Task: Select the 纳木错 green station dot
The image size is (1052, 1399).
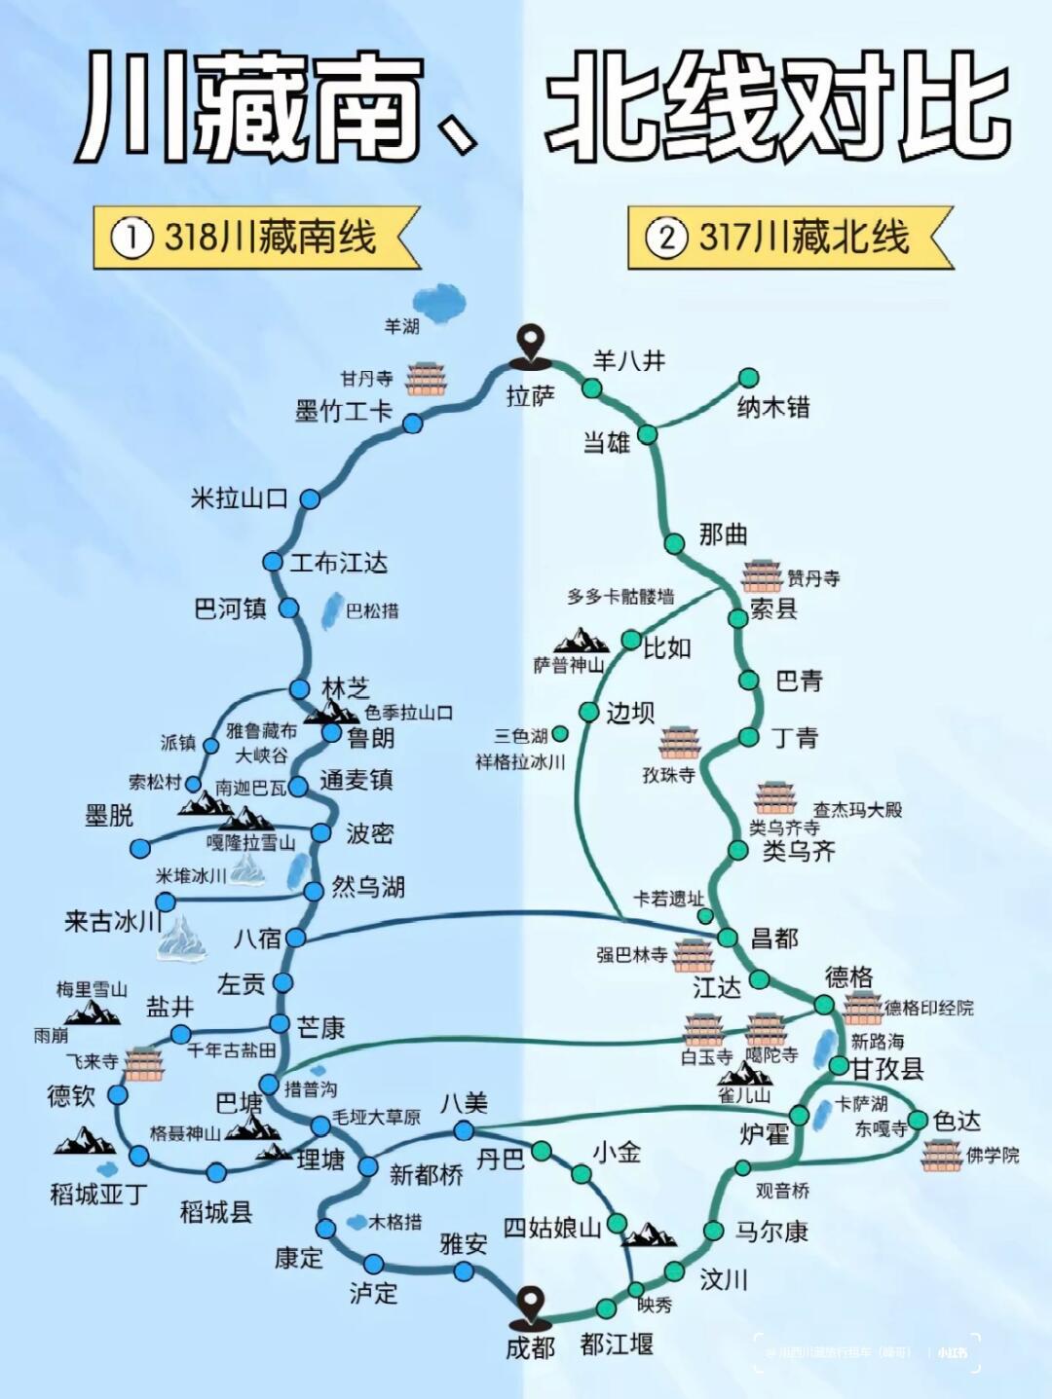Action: click(x=748, y=378)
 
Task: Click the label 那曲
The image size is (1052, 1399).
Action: click(x=723, y=534)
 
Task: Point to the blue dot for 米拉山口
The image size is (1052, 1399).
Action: click(x=310, y=498)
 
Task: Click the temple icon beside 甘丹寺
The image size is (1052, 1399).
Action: click(x=425, y=378)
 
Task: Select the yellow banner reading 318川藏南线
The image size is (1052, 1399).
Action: click(x=255, y=238)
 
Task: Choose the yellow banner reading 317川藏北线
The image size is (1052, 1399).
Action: click(x=789, y=238)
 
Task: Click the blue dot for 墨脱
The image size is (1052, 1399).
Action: click(x=140, y=847)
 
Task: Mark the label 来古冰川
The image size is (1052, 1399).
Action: click(x=112, y=920)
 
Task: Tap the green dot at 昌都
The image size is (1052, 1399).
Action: click(x=728, y=937)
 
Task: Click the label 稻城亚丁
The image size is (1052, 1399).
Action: click(x=97, y=1194)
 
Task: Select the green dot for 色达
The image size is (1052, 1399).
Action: click(x=918, y=1120)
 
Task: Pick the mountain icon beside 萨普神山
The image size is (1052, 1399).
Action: click(x=582, y=640)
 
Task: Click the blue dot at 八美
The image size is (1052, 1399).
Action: click(x=464, y=1130)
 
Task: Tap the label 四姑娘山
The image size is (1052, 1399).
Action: click(x=551, y=1228)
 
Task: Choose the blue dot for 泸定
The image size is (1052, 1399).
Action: click(x=374, y=1264)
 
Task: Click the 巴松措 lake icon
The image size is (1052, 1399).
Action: click(x=331, y=611)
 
